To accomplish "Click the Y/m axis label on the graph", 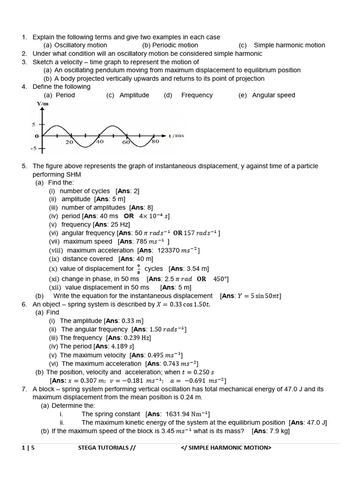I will (x=43, y=103).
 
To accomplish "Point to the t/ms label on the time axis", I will (x=177, y=135).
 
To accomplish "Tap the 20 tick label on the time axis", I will (x=69, y=142).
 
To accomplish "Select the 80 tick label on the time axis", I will (x=155, y=142).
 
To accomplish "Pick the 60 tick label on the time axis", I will (x=126, y=142).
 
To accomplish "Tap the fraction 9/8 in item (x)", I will (x=138, y=269).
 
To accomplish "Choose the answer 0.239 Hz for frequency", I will (x=136, y=337).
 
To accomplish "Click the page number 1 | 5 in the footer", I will (x=28, y=448).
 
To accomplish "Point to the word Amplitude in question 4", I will (x=134, y=95).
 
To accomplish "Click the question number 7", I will (x=24, y=389).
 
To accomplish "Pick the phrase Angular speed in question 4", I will (x=273, y=95).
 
